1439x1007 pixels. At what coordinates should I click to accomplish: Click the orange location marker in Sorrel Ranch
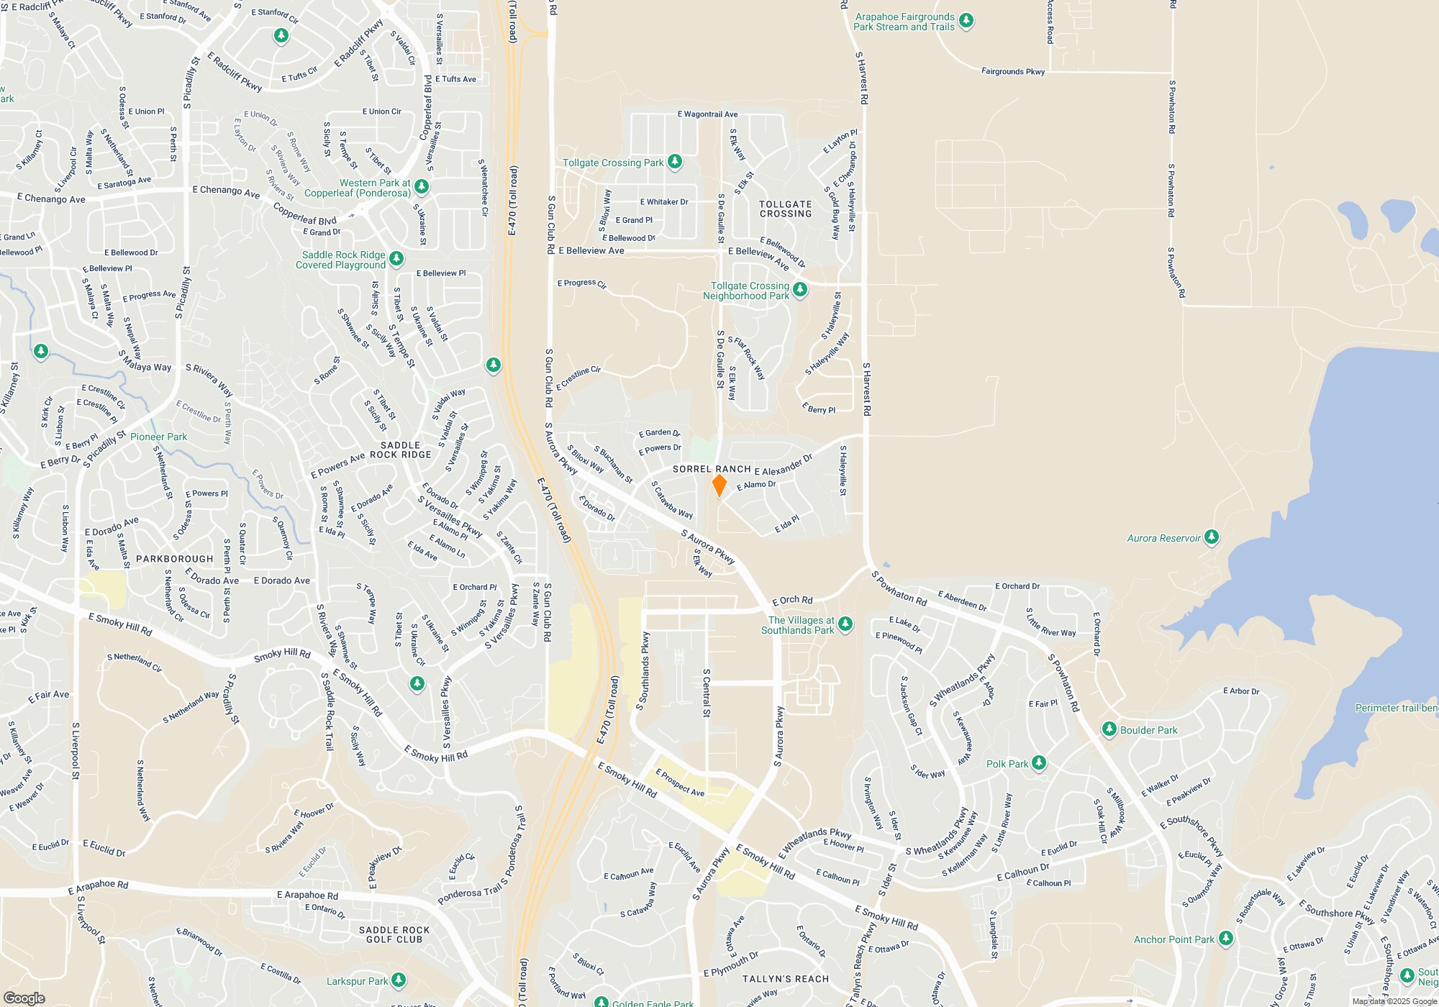click(719, 485)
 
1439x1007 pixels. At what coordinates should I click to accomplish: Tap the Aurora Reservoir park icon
click(1212, 537)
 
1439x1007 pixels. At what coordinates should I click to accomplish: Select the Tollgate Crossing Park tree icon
click(674, 161)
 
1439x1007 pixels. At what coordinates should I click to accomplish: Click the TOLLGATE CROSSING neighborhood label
click(786, 209)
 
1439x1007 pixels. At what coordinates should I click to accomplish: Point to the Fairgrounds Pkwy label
click(1013, 71)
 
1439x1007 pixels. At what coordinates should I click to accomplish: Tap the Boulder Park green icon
click(1109, 729)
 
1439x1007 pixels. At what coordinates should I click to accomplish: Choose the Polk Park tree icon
click(1038, 762)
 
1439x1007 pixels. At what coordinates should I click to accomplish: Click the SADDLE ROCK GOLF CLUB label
click(394, 934)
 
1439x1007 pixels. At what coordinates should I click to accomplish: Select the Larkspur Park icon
click(398, 980)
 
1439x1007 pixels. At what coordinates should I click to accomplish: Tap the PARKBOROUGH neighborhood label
click(175, 559)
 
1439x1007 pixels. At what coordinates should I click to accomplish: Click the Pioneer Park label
click(158, 437)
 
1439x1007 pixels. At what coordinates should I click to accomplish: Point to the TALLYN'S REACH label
click(786, 979)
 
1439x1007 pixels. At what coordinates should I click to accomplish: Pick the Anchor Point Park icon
click(1226, 938)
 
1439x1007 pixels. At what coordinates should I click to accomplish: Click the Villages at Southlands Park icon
click(845, 624)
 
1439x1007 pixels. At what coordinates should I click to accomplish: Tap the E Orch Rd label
click(792, 600)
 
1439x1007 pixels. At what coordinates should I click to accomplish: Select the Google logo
click(24, 998)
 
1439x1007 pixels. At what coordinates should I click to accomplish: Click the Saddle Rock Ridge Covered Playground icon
click(396, 258)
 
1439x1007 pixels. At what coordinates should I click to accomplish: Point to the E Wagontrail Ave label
click(707, 114)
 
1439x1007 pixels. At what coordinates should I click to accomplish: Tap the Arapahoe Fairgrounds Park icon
click(966, 20)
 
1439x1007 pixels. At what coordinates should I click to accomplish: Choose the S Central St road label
click(707, 693)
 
